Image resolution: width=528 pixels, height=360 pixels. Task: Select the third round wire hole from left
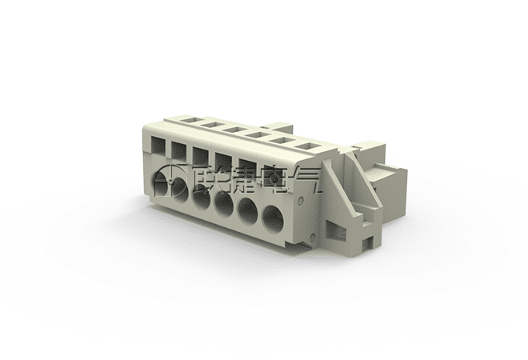(x=202, y=198)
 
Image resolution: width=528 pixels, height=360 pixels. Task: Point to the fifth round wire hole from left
(x=247, y=211)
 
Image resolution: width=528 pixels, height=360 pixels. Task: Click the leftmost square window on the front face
(x=158, y=145)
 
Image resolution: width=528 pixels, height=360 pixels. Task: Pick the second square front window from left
(x=178, y=149)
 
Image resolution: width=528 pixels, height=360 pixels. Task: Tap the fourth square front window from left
(x=223, y=159)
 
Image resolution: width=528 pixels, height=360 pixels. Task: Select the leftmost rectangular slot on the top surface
(x=188, y=119)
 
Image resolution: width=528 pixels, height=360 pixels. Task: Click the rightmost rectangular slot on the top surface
(x=310, y=146)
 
